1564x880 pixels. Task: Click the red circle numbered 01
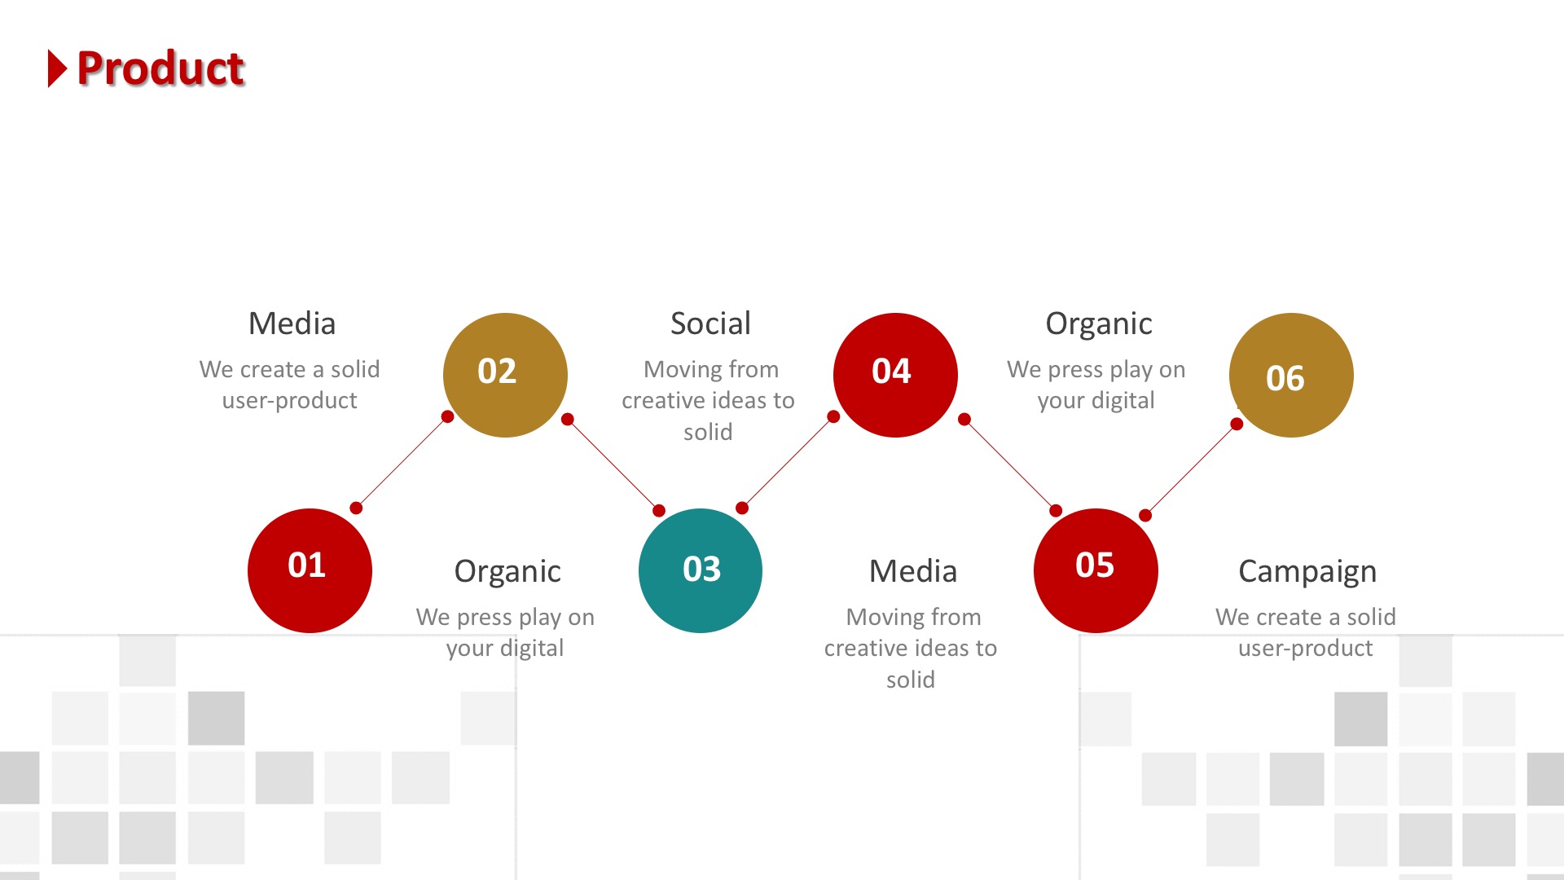[310, 570]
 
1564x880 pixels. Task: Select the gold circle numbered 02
[505, 375]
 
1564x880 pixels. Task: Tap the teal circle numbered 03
[701, 570]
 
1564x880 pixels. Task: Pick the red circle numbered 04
[895, 375]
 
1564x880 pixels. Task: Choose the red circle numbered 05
[1096, 570]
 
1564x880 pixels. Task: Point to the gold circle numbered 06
[1291, 375]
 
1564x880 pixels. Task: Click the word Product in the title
[160, 68]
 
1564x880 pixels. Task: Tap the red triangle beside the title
[57, 68]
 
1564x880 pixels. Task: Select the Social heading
[710, 323]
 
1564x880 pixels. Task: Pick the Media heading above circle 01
[292, 323]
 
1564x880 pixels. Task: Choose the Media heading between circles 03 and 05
[913, 571]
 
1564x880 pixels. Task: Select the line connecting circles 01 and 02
[402, 462]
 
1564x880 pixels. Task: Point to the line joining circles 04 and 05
[1010, 465]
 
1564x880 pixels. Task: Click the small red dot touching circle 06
[1237, 424]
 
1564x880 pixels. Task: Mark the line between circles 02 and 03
[613, 465]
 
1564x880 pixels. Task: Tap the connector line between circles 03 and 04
[788, 462]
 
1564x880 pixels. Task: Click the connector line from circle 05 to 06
[1191, 469]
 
